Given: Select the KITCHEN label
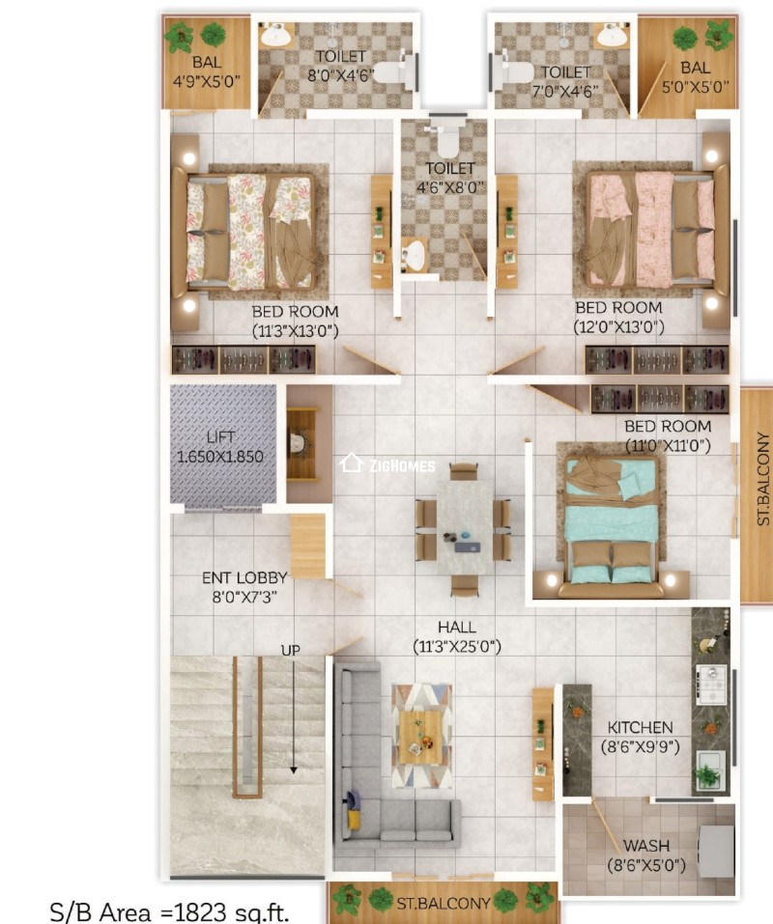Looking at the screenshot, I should [641, 727].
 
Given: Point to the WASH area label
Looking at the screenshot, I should [645, 846].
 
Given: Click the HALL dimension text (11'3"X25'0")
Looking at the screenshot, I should [456, 646].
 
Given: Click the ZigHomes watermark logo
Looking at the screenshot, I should [388, 464].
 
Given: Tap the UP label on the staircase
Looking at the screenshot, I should [291, 650].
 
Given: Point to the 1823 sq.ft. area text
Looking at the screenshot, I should [170, 911].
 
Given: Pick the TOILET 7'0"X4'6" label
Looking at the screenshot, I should [565, 82].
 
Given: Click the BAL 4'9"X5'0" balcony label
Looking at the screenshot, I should [207, 70].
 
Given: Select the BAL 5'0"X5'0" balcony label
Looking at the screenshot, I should [695, 76].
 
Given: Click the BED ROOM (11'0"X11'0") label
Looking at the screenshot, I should [667, 435].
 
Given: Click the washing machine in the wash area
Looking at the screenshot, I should [716, 851].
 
